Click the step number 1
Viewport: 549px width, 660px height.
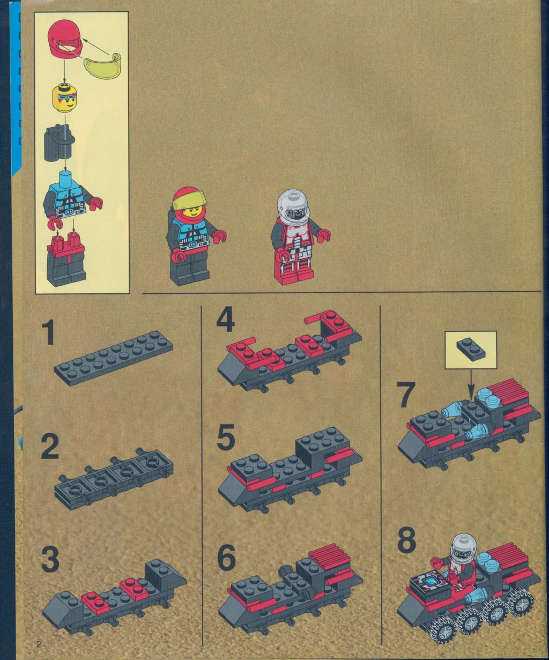pos(48,332)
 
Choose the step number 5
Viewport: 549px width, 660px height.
pos(226,437)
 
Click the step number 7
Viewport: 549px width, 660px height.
pos(407,396)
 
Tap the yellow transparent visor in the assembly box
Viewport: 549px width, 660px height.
pos(103,65)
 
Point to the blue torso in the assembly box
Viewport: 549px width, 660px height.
pos(68,194)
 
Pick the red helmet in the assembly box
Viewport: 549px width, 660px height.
pos(65,40)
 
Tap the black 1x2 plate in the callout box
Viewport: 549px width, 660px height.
pos(471,348)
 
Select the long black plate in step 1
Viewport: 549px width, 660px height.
pos(114,358)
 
